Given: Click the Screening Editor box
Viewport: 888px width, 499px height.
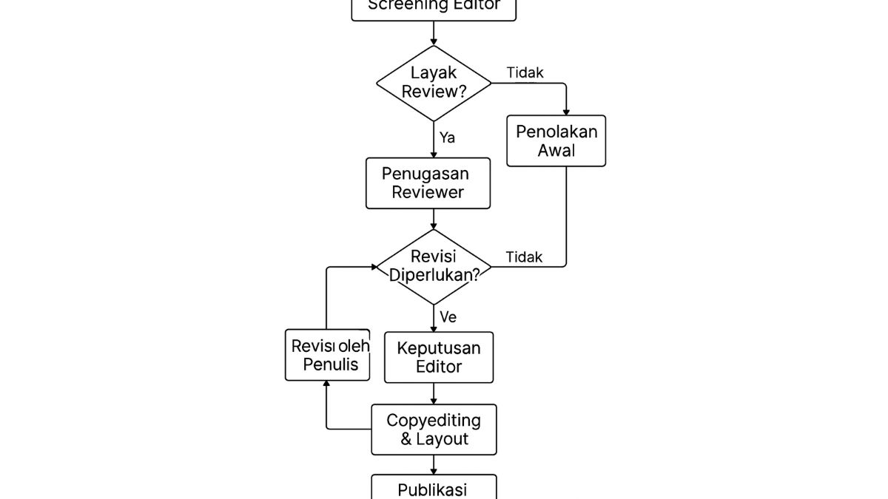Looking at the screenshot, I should click(434, 7).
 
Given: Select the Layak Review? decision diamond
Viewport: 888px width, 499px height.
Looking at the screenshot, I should click(434, 83).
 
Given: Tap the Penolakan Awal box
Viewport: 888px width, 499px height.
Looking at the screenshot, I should click(556, 140).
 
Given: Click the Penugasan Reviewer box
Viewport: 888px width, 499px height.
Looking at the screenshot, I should click(428, 183).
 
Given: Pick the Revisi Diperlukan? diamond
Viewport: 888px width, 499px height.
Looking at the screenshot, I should click(434, 266).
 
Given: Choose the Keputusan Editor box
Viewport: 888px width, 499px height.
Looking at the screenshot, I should click(439, 357).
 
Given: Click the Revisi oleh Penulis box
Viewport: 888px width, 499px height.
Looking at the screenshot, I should click(327, 356).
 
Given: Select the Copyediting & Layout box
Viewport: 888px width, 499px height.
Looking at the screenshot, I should click(434, 430).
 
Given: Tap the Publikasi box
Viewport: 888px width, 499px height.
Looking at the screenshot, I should click(434, 488).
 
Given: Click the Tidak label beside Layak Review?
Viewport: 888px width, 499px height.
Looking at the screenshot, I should click(525, 72).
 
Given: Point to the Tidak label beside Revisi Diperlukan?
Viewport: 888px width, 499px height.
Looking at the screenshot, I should click(524, 257).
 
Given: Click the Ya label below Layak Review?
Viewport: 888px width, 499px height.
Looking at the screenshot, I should click(447, 138).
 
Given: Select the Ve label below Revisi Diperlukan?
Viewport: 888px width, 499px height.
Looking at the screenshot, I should click(448, 318).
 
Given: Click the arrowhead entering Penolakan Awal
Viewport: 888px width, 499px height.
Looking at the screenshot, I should click(566, 111).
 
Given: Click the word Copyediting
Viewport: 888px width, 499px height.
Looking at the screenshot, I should click(434, 420).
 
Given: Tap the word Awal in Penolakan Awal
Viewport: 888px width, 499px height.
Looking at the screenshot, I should click(556, 151).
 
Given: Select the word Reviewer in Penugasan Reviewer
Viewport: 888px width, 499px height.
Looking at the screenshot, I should click(428, 192).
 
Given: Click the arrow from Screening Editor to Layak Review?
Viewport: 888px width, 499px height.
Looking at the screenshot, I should click(434, 33).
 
